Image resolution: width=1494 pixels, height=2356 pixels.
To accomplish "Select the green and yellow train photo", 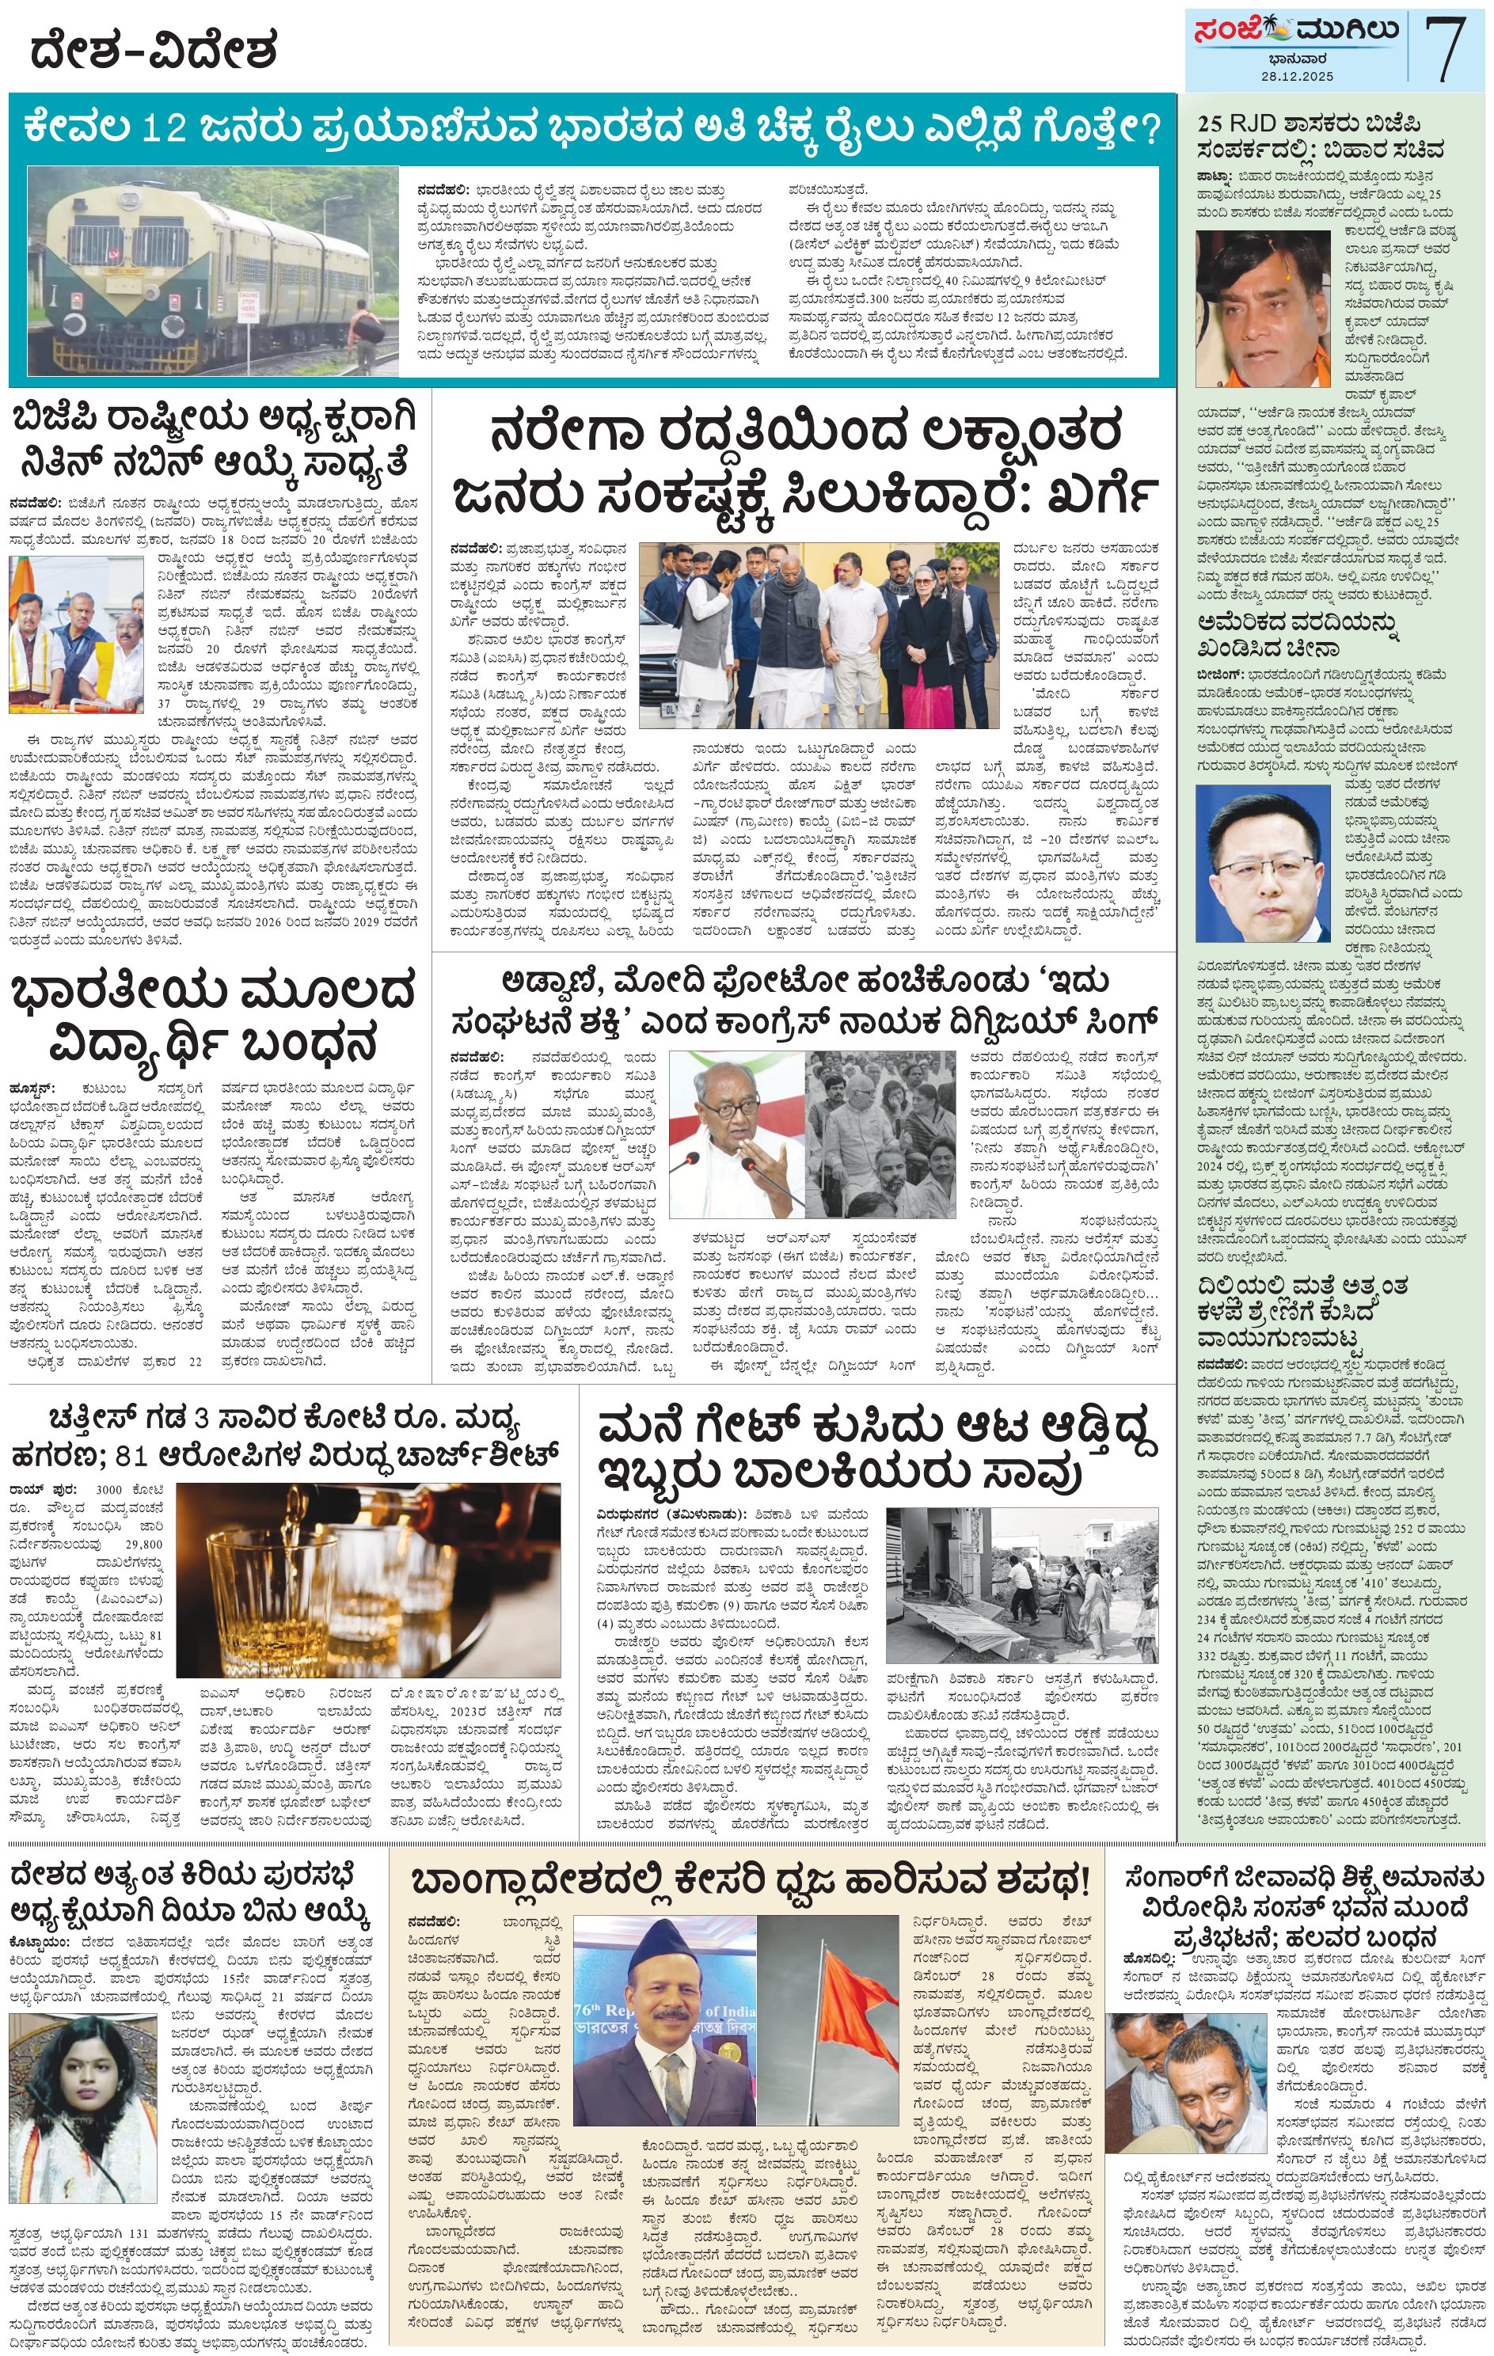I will pyautogui.click(x=212, y=270).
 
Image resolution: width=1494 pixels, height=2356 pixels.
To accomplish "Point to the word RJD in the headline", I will pyautogui.click(x=1266, y=124).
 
